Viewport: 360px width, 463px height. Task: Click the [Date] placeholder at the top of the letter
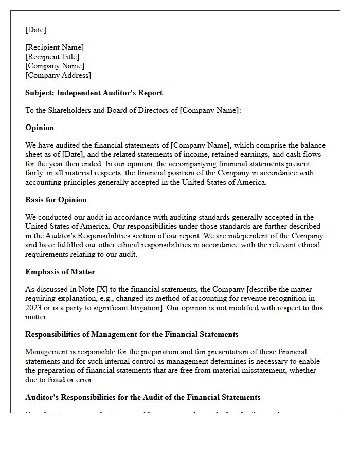click(x=35, y=30)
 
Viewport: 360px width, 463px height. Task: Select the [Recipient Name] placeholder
click(x=55, y=47)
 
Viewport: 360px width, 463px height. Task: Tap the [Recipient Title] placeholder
click(x=52, y=57)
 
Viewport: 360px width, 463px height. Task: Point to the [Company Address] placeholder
click(x=58, y=75)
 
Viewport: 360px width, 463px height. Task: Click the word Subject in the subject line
click(x=40, y=93)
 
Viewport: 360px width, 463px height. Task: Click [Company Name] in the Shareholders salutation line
click(x=209, y=110)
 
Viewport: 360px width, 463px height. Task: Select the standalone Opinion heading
click(x=40, y=128)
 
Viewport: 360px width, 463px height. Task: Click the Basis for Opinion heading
click(x=56, y=200)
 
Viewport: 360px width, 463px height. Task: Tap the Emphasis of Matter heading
click(x=60, y=272)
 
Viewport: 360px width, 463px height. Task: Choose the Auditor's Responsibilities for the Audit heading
click(x=142, y=397)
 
